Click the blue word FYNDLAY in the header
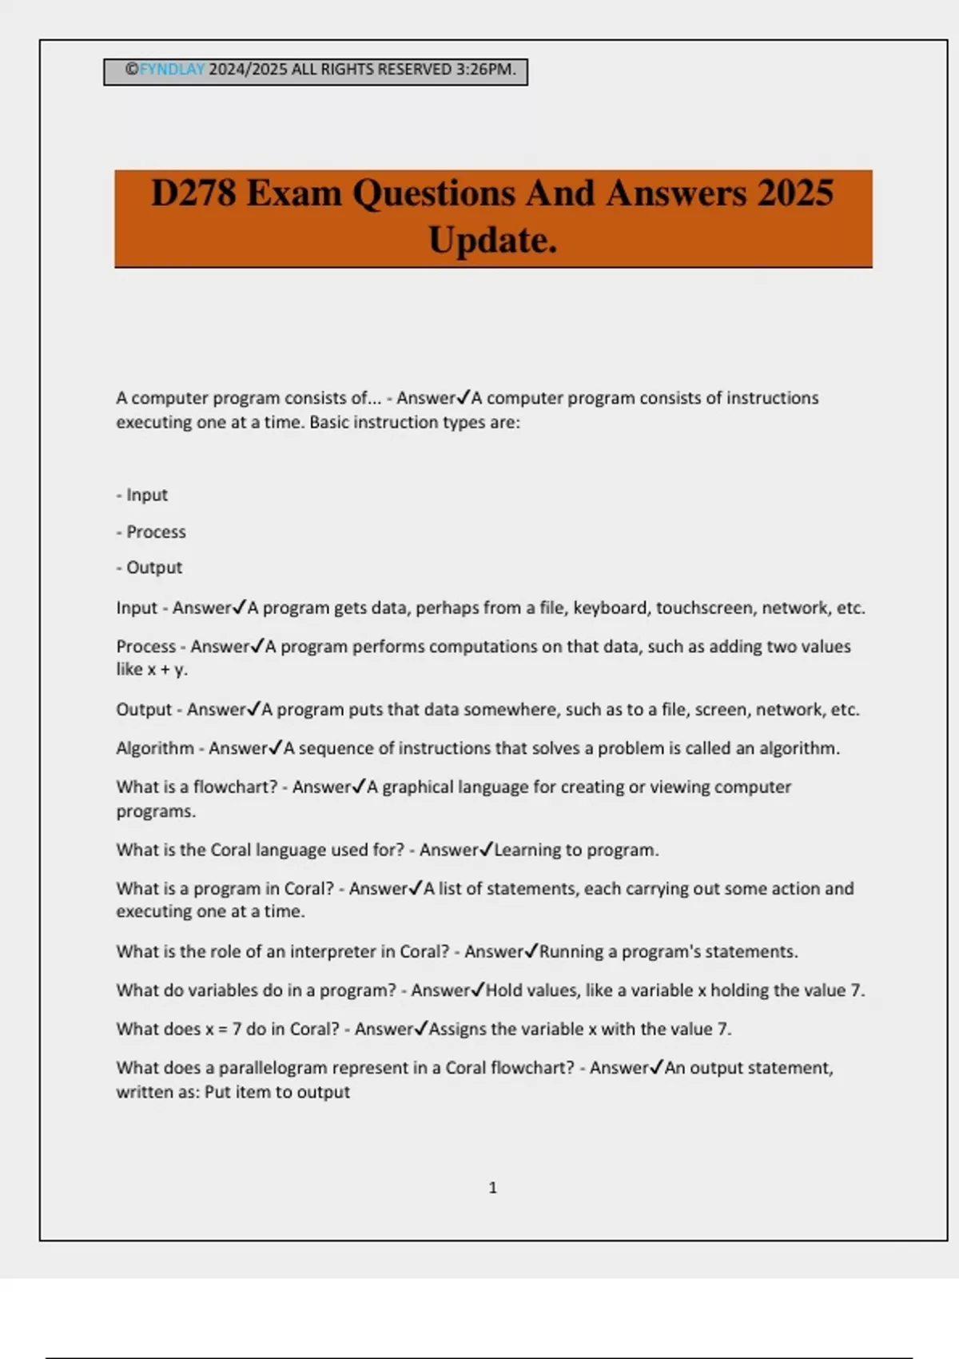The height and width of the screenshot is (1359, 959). pos(172,70)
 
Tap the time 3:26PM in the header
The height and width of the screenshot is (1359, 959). pos(485,70)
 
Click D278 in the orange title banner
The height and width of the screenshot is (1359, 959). pos(193,193)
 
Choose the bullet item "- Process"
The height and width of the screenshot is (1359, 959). pos(151,532)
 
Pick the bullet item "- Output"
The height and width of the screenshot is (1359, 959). pos(149,568)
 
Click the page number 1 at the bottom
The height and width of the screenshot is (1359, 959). pos(492,1188)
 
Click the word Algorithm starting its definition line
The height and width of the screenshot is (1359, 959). pos(155,748)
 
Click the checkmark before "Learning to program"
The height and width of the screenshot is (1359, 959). pos(486,849)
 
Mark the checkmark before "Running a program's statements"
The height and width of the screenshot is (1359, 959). pos(531,951)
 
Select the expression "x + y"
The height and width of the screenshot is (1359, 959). pos(165,670)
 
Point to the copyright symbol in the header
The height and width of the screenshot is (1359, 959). pos(132,70)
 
